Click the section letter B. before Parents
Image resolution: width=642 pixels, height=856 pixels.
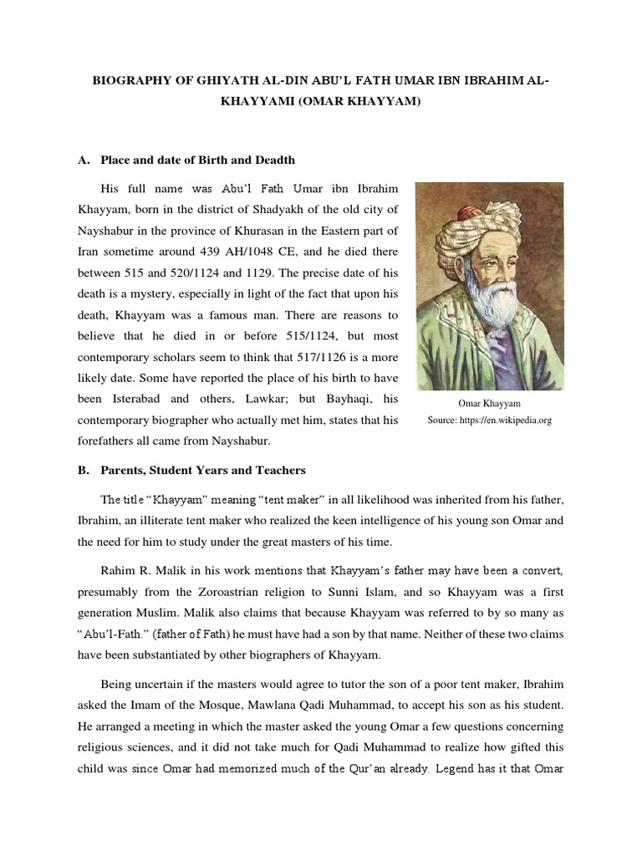coord(84,470)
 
